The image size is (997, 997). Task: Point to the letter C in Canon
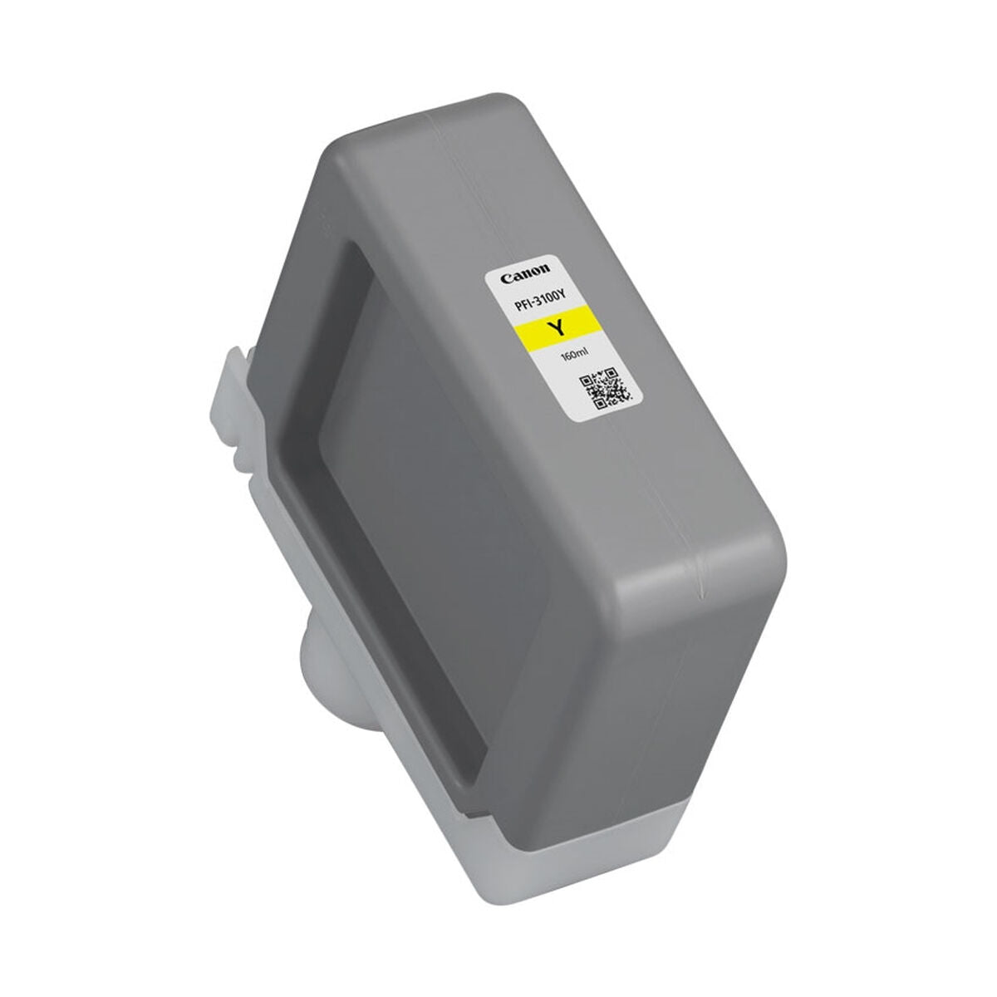(x=504, y=279)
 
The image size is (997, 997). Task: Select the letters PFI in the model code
(x=521, y=307)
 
